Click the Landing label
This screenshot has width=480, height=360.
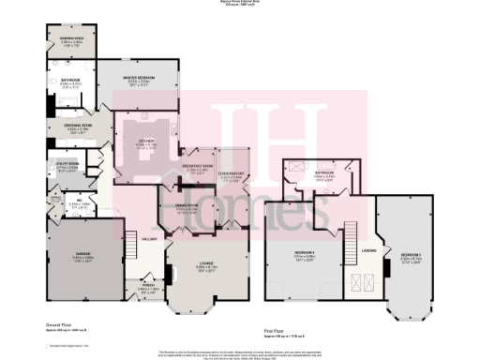coord(367,250)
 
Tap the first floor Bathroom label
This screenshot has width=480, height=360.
coord(352,173)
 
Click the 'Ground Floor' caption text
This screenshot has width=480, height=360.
coord(60,322)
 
